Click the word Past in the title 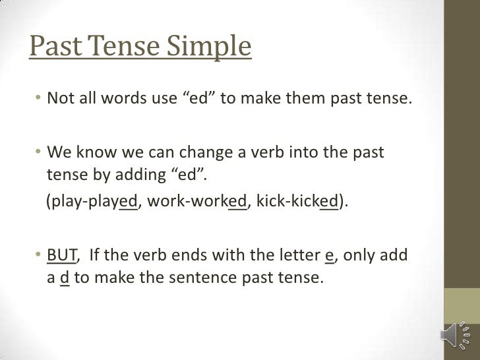[x=53, y=47]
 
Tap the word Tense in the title [x=121, y=47]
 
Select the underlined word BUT [x=63, y=257]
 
